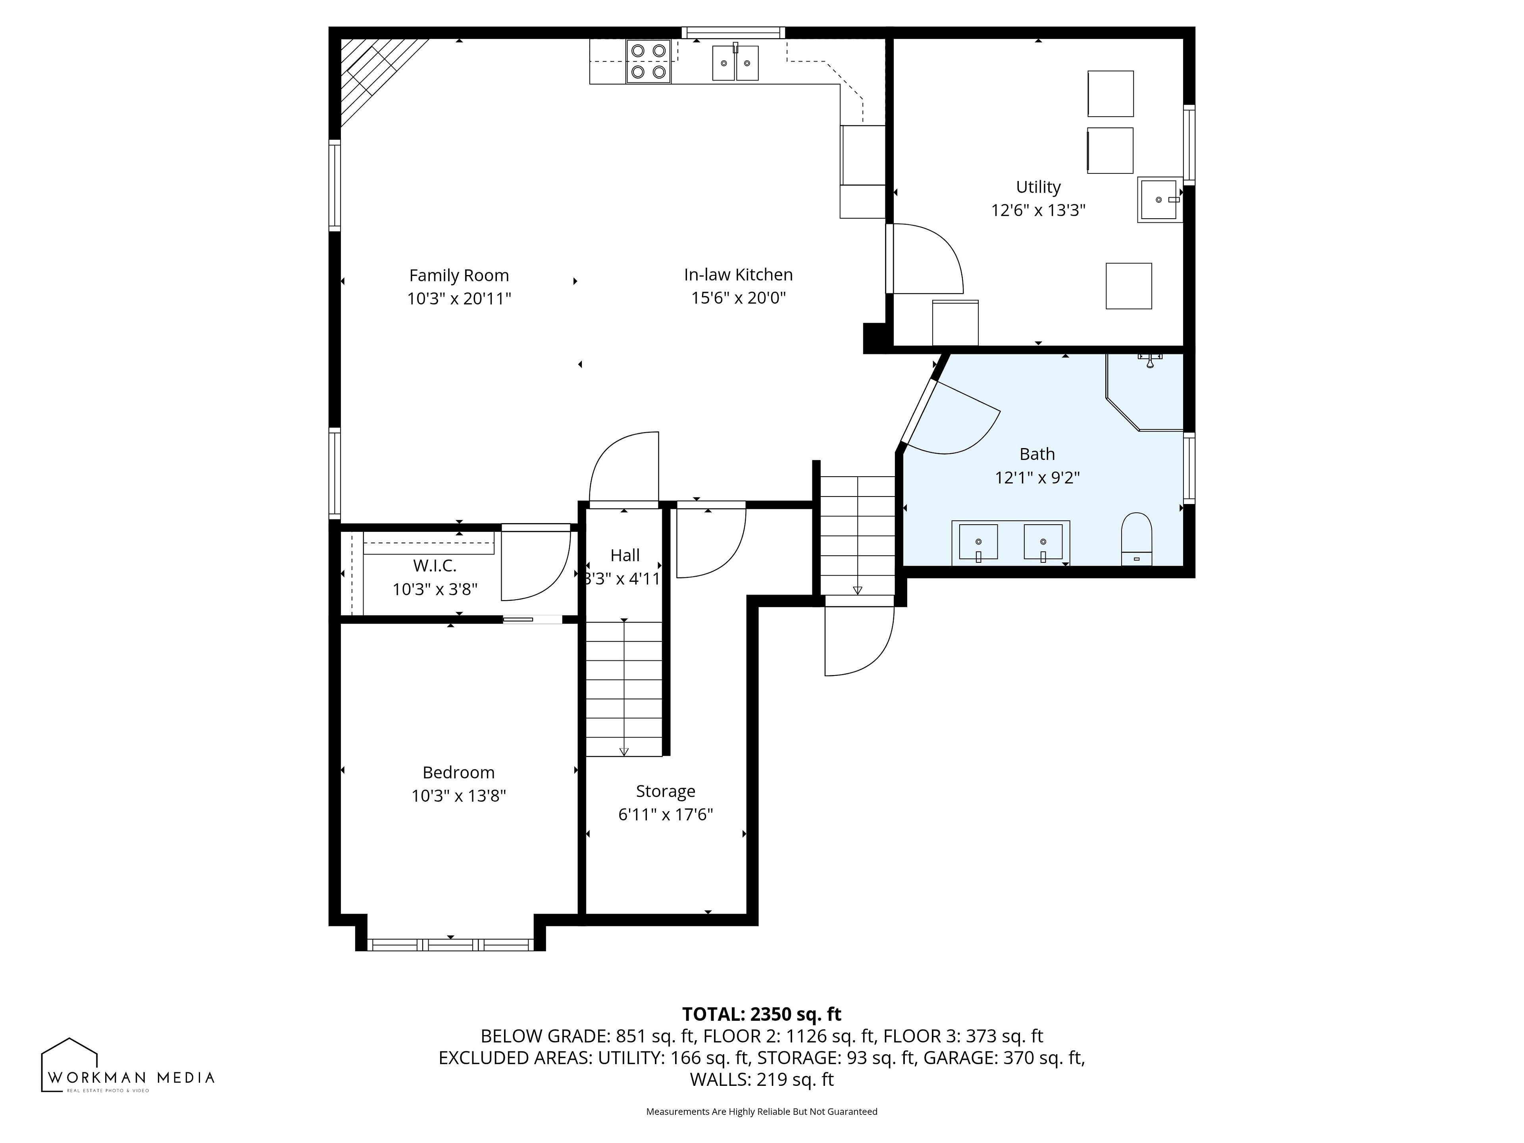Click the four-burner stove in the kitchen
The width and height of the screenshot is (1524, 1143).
click(x=648, y=62)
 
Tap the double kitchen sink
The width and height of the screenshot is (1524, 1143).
click(x=735, y=63)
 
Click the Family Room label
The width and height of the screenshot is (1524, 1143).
click(x=459, y=275)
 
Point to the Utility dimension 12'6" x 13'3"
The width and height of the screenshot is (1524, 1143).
click(x=1038, y=210)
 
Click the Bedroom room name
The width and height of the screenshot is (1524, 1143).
click(x=459, y=772)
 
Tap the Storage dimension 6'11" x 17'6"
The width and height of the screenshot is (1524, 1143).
click(x=666, y=814)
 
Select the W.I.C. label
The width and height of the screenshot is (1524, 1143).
click(x=435, y=566)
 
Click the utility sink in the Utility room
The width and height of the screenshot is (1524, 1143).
click(x=1160, y=200)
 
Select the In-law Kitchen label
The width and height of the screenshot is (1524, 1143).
click(x=739, y=275)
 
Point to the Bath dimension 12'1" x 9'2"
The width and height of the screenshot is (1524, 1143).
click(x=1037, y=477)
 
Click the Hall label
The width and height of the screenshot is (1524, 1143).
click(x=625, y=555)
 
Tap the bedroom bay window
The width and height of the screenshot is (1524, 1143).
click(x=450, y=945)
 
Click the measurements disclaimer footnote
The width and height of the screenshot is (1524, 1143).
click(x=761, y=1111)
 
